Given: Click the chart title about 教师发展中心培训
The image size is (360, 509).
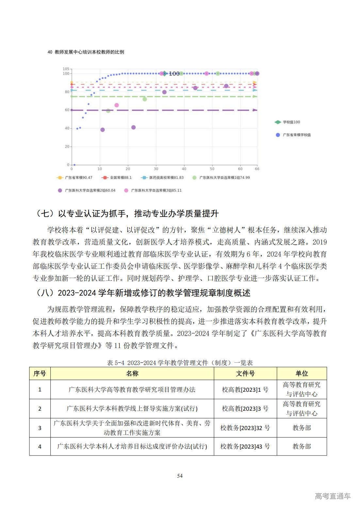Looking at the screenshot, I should tap(86, 52).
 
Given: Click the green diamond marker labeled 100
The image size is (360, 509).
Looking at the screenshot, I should tap(165, 73).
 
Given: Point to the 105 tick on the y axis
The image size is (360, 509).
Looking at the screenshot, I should tap(66, 69).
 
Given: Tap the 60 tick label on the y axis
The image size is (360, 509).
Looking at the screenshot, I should tap(67, 110).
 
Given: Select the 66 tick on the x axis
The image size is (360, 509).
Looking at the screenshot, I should tap(257, 169).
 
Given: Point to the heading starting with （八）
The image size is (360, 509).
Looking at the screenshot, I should tap(142, 293).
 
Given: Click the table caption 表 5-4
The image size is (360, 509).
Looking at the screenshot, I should tap(180, 363).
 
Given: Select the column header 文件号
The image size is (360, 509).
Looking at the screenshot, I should tap(245, 374).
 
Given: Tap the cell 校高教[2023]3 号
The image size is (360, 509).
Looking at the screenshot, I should tap(245, 408).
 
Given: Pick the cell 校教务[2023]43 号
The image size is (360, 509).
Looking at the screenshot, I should tap(245, 446).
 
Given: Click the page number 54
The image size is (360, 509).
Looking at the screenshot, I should tap(180, 476).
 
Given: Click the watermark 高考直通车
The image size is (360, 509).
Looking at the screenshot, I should tap(333, 496).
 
